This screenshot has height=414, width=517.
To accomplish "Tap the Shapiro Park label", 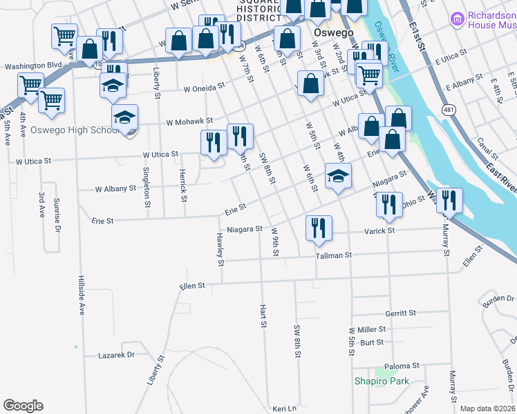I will coord(382,381).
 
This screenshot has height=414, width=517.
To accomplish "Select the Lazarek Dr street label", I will coord(115,355).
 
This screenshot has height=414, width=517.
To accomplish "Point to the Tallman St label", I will coord(334,255).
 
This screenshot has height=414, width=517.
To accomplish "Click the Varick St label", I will coord(380,230).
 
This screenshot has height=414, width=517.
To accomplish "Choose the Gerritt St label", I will coord(401,313).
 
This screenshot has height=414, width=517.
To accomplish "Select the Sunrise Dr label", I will coord(58,215).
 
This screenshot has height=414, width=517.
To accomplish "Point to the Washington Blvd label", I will coord(33,66).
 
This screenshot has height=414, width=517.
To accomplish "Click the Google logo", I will coord(23,406).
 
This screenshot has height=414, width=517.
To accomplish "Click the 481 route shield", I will coord(449,110).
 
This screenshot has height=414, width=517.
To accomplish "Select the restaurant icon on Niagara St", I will coord(319,228).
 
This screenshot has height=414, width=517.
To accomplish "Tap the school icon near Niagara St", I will coord(338,176).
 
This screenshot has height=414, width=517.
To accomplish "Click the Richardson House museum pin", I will coord(457,19).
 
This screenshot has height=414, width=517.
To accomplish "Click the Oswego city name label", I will coord(334,33).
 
